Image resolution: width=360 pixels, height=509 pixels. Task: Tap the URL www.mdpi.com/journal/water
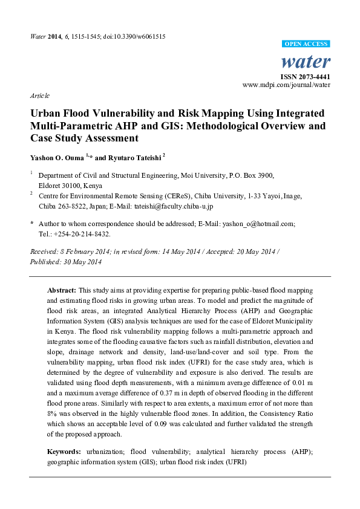[286, 86]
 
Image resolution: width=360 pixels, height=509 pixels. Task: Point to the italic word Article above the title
[40, 96]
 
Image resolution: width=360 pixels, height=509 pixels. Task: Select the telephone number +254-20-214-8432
[82, 233]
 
